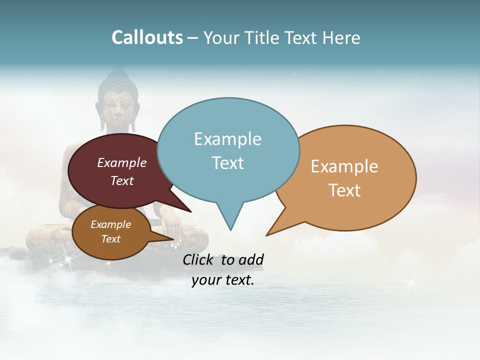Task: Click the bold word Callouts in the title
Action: pos(147,38)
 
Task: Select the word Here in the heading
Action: pos(340,38)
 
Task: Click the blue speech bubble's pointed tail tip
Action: pos(230,230)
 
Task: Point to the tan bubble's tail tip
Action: pos(266,235)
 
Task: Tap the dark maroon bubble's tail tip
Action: pos(190,211)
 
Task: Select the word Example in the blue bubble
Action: pos(227,139)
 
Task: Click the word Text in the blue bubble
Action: pos(227,163)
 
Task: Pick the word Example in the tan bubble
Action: pos(344,166)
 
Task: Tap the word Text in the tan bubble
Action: pos(344,190)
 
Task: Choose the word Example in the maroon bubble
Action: pos(121,163)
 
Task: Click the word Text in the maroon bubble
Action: pos(121,181)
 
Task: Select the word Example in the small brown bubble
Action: pos(110,224)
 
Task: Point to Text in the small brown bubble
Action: pos(110,239)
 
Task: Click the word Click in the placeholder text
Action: pos(198,259)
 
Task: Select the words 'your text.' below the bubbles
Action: pos(222,280)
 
